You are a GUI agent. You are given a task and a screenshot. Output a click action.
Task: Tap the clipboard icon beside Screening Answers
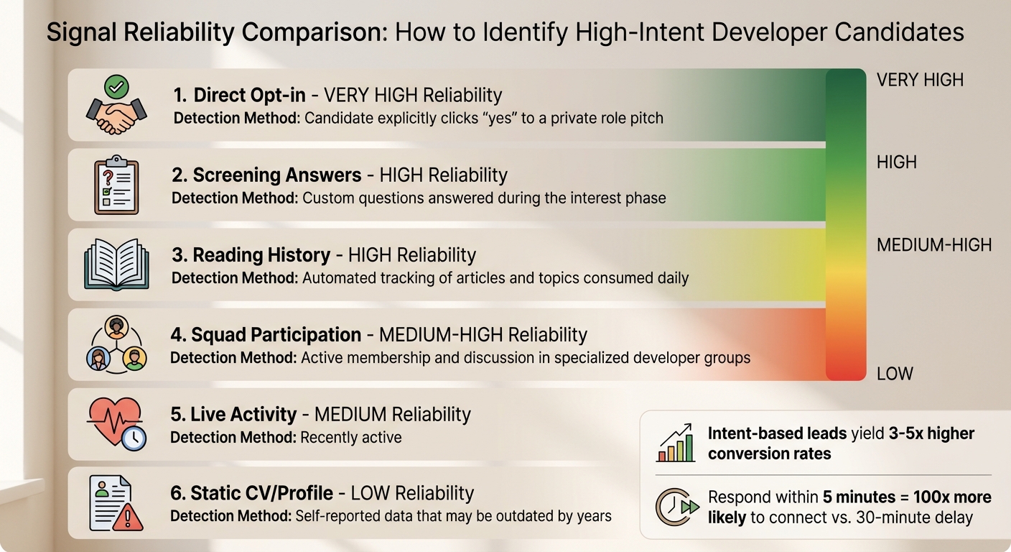click(116, 185)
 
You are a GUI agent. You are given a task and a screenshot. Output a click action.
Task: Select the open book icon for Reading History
click(116, 264)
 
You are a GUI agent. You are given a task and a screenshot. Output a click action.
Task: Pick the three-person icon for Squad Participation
click(116, 345)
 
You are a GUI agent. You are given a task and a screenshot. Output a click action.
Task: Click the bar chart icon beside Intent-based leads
click(676, 443)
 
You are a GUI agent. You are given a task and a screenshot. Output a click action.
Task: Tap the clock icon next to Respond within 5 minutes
click(676, 507)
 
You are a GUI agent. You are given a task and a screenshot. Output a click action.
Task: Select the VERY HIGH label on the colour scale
click(920, 80)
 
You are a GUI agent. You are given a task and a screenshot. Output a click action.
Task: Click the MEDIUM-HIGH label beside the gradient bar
click(933, 245)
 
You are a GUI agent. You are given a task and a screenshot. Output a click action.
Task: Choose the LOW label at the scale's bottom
click(895, 374)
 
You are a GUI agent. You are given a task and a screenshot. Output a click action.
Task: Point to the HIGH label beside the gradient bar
click(897, 162)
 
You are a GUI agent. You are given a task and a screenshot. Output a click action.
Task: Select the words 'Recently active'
click(351, 437)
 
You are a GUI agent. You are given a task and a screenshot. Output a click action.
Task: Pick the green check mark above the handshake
click(116, 87)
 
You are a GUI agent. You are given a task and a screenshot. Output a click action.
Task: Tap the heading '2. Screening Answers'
click(266, 175)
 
